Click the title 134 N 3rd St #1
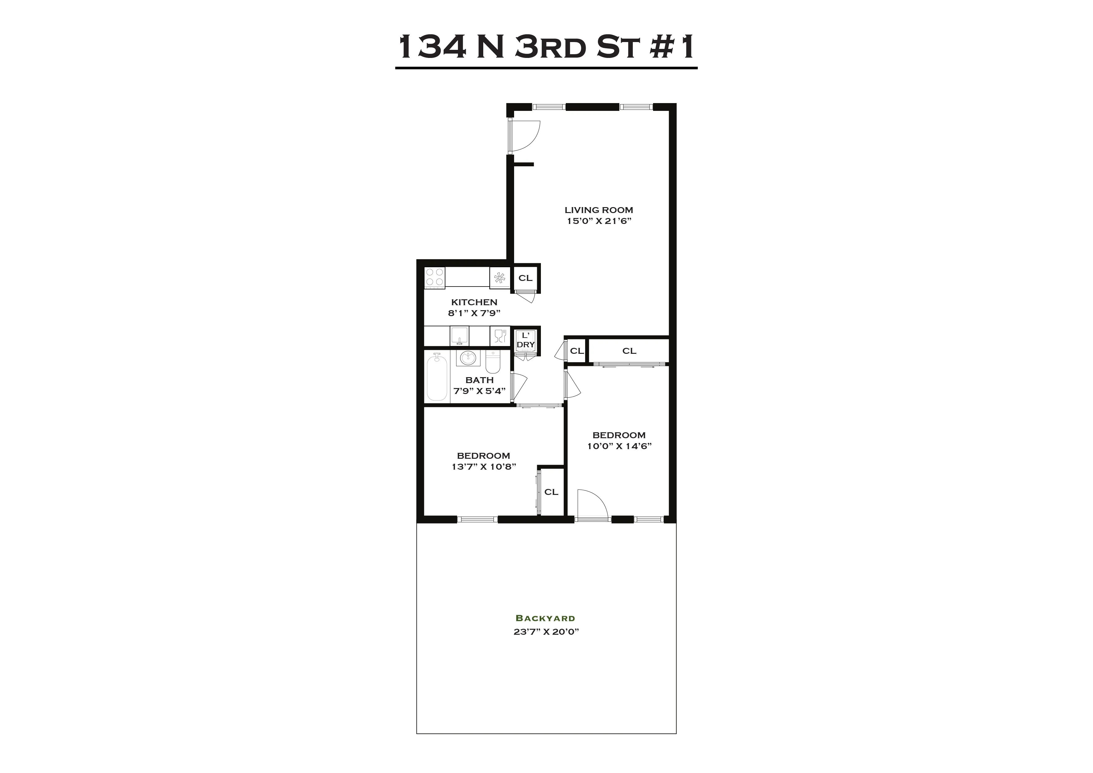tap(546, 48)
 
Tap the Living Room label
tap(599, 210)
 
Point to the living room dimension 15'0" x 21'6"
tap(599, 221)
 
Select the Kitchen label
tap(474, 302)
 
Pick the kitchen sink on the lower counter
tap(459, 335)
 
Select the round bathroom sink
tap(468, 358)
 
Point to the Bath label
tap(480, 380)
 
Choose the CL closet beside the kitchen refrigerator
tap(525, 278)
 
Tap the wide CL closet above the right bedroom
tap(629, 351)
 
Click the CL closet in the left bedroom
tap(551, 492)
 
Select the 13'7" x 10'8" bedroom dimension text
tap(484, 467)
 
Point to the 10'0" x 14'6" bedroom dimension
tap(619, 446)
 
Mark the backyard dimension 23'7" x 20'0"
tap(546, 632)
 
